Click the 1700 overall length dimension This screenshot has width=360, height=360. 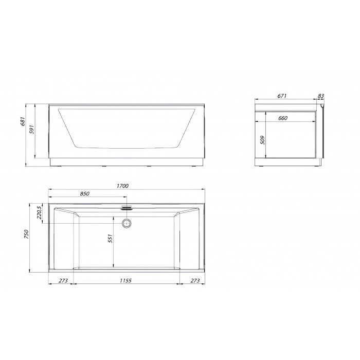[x=122, y=186]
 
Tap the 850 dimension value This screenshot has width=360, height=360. [x=84, y=194]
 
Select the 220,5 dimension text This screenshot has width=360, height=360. [x=39, y=212]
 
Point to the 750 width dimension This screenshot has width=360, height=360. [x=26, y=235]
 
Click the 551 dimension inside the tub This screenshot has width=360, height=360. [x=110, y=239]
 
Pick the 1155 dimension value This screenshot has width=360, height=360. [x=125, y=281]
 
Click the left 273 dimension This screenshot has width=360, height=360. [x=63, y=281]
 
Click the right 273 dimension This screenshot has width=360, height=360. [x=195, y=281]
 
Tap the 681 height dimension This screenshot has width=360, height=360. [x=23, y=121]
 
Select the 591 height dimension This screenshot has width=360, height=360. [x=32, y=130]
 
